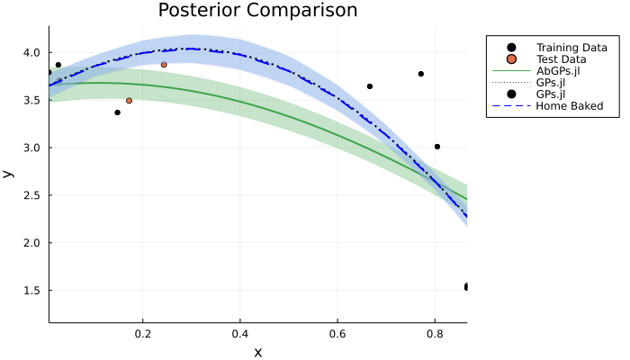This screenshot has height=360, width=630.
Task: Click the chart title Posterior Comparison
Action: pos(257,11)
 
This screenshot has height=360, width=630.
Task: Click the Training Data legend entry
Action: pos(570,47)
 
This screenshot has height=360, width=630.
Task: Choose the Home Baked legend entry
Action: pos(569,105)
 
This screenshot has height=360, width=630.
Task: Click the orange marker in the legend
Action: pos(511,58)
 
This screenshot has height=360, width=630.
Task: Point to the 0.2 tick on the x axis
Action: pos(142,333)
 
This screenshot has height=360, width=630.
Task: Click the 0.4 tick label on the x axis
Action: pos(239,333)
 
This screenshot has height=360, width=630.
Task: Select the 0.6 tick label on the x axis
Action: pos(337,333)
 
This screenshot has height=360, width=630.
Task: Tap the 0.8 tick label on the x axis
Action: pos(435,333)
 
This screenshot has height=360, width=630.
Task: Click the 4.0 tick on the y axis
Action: pos(31,52)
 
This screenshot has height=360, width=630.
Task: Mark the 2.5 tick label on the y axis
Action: pos(31,195)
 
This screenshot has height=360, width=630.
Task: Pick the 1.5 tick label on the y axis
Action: pos(31,291)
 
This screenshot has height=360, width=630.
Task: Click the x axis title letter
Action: pos(257,352)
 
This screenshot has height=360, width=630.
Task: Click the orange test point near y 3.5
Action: pos(129,101)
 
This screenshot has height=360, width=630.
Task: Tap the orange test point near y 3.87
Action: pos(164,65)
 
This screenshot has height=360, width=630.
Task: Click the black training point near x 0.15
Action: pos(117,112)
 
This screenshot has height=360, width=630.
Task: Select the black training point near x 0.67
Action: pos(370,86)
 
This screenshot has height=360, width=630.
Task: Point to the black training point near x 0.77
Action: pos(421,74)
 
